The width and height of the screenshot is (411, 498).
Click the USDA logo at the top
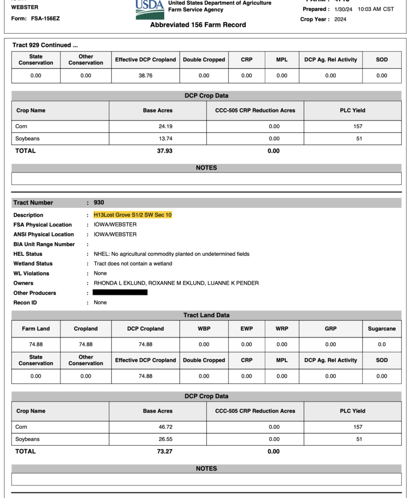coord(149,9)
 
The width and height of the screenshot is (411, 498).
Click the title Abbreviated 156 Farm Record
coord(198,25)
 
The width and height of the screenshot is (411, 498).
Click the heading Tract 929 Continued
coord(45,45)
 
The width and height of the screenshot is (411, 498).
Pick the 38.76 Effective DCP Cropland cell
coord(145,76)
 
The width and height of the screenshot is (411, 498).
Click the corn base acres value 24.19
coord(165,126)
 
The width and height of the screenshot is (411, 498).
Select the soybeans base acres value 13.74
coord(165,138)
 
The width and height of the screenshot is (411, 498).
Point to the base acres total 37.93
coord(165,151)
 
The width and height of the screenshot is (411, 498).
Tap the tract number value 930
coord(99,202)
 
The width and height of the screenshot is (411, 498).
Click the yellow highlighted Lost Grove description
coord(132,215)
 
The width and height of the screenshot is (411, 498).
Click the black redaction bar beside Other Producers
coord(120,292)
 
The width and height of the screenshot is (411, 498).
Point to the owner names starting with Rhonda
coord(176,283)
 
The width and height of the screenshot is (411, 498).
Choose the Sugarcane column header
coord(382,329)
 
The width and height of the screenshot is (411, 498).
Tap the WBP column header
coord(204,329)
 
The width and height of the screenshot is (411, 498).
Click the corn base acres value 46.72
coord(165,427)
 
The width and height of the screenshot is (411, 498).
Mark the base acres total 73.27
coord(165,451)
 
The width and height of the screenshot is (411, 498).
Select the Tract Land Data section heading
coord(206,315)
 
